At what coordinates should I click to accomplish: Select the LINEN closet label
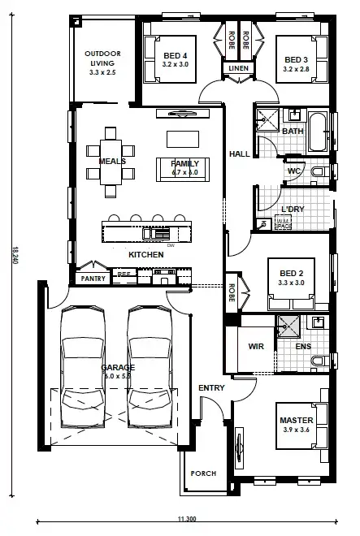[237, 68]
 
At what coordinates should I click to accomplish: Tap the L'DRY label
[292, 209]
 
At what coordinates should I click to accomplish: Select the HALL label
[238, 153]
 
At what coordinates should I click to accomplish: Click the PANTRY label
[90, 279]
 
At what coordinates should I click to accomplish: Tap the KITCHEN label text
[146, 255]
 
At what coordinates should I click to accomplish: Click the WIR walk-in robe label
[256, 346]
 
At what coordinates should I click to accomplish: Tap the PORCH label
[203, 473]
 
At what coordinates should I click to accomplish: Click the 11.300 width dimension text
[186, 519]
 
